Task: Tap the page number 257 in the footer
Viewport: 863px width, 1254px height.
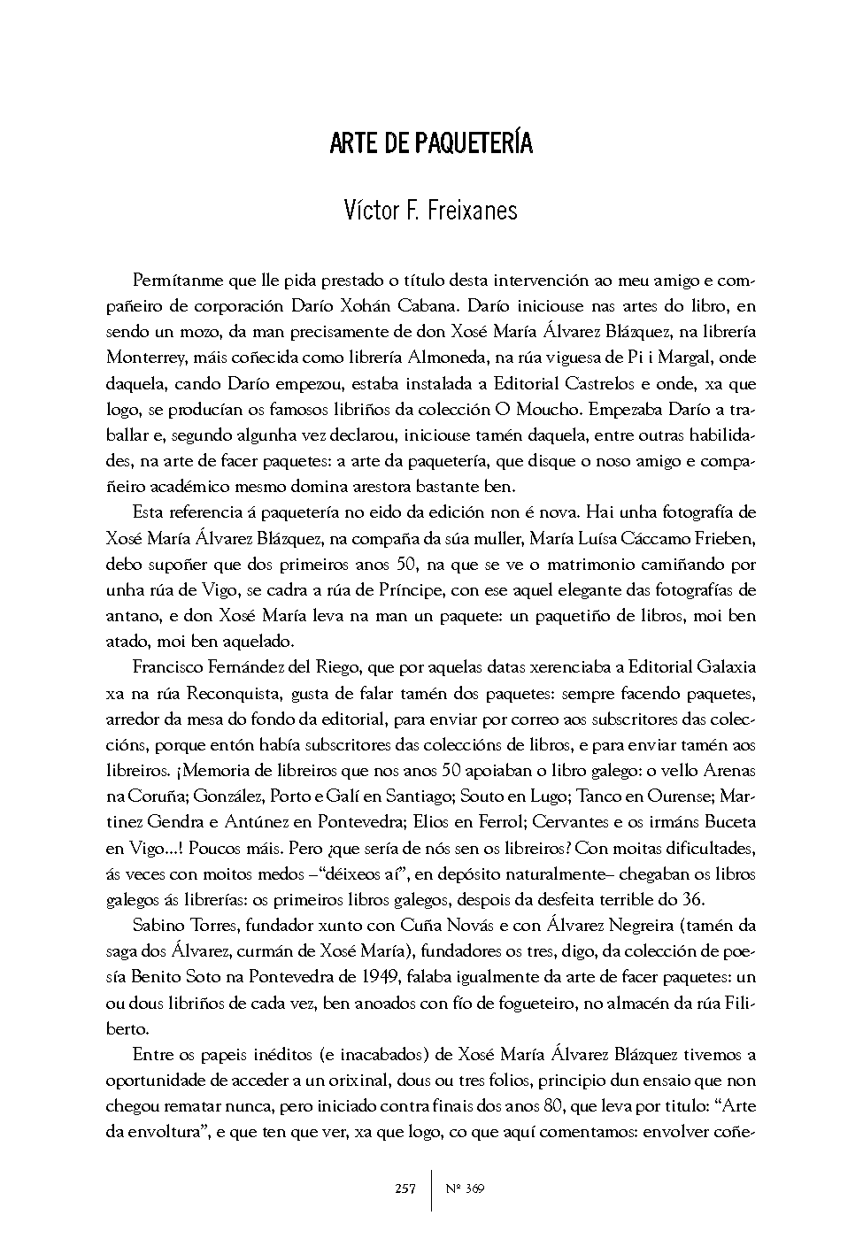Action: coord(405,1189)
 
